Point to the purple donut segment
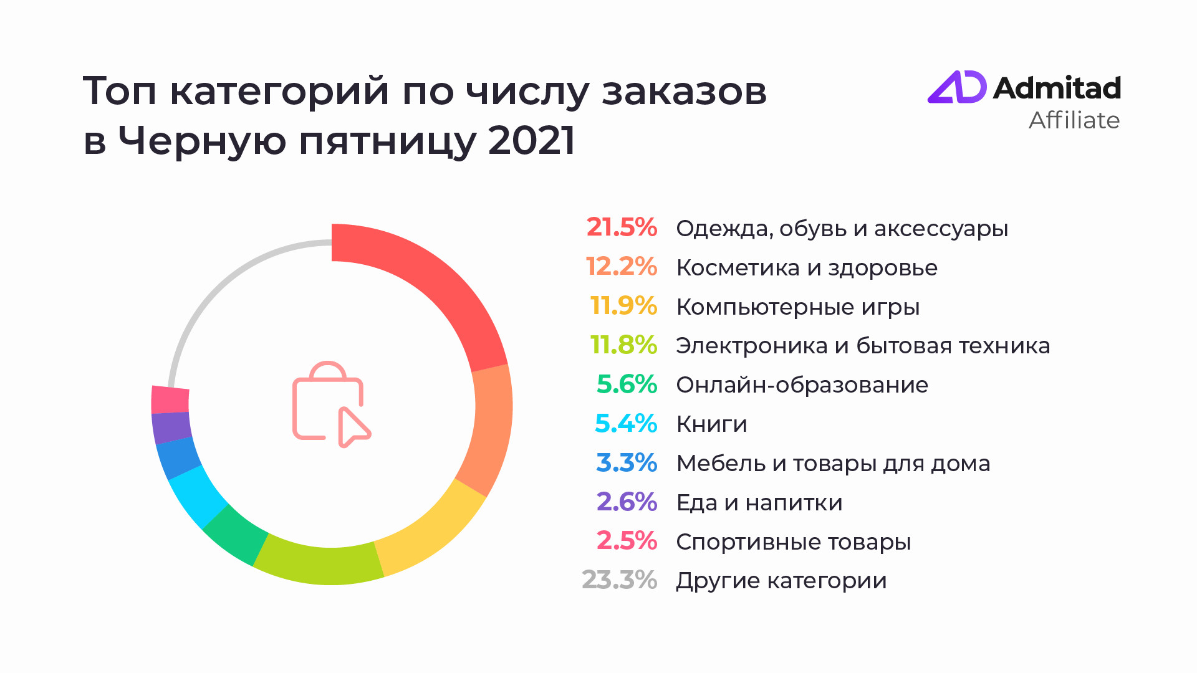pos(171,427)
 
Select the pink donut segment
pos(170,399)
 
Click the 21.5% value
pos(621,228)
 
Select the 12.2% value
pos(621,267)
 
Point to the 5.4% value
pos(625,424)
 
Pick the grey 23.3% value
pos(618,580)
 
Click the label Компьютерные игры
pos(797,307)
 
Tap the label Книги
pos(711,424)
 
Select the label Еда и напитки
pos(759,503)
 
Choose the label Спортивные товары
pos(793,542)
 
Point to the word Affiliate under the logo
pos(1074,120)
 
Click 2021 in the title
pos(531,140)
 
